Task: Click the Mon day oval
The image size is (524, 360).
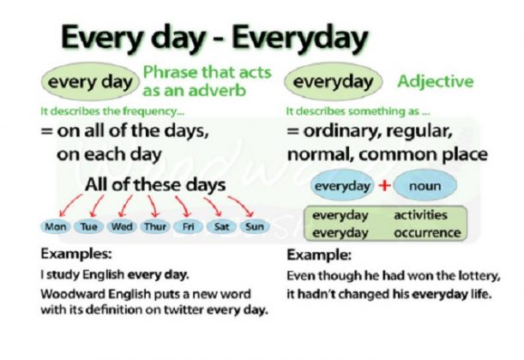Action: coord(57,228)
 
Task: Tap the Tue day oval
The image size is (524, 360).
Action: coord(89,228)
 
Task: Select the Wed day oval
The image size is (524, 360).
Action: coord(122,228)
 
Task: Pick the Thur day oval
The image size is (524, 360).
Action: coord(154,228)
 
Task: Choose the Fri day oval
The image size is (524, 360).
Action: coord(187,228)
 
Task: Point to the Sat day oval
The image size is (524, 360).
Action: coord(221,228)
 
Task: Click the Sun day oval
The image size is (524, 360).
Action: coord(254,228)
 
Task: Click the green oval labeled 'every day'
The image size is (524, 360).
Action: coord(88,83)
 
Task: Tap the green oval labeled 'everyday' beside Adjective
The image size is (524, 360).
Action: coord(334,83)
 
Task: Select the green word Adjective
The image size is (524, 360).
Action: coord(435,82)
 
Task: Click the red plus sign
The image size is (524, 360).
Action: coord(385,185)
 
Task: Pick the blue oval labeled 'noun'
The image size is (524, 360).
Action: coord(426,186)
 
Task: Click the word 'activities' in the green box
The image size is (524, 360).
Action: coord(421,216)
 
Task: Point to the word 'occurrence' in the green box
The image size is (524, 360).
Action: coord(426,232)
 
